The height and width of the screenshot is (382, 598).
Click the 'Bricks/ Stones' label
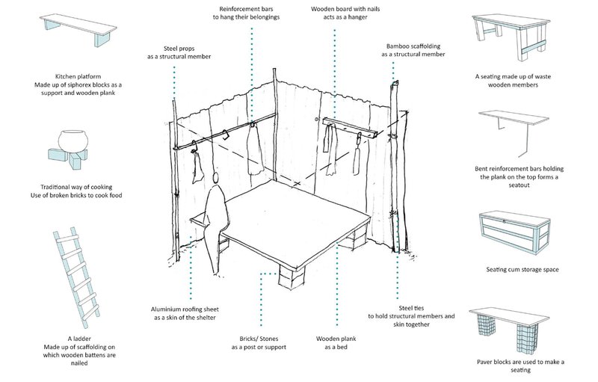258,342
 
